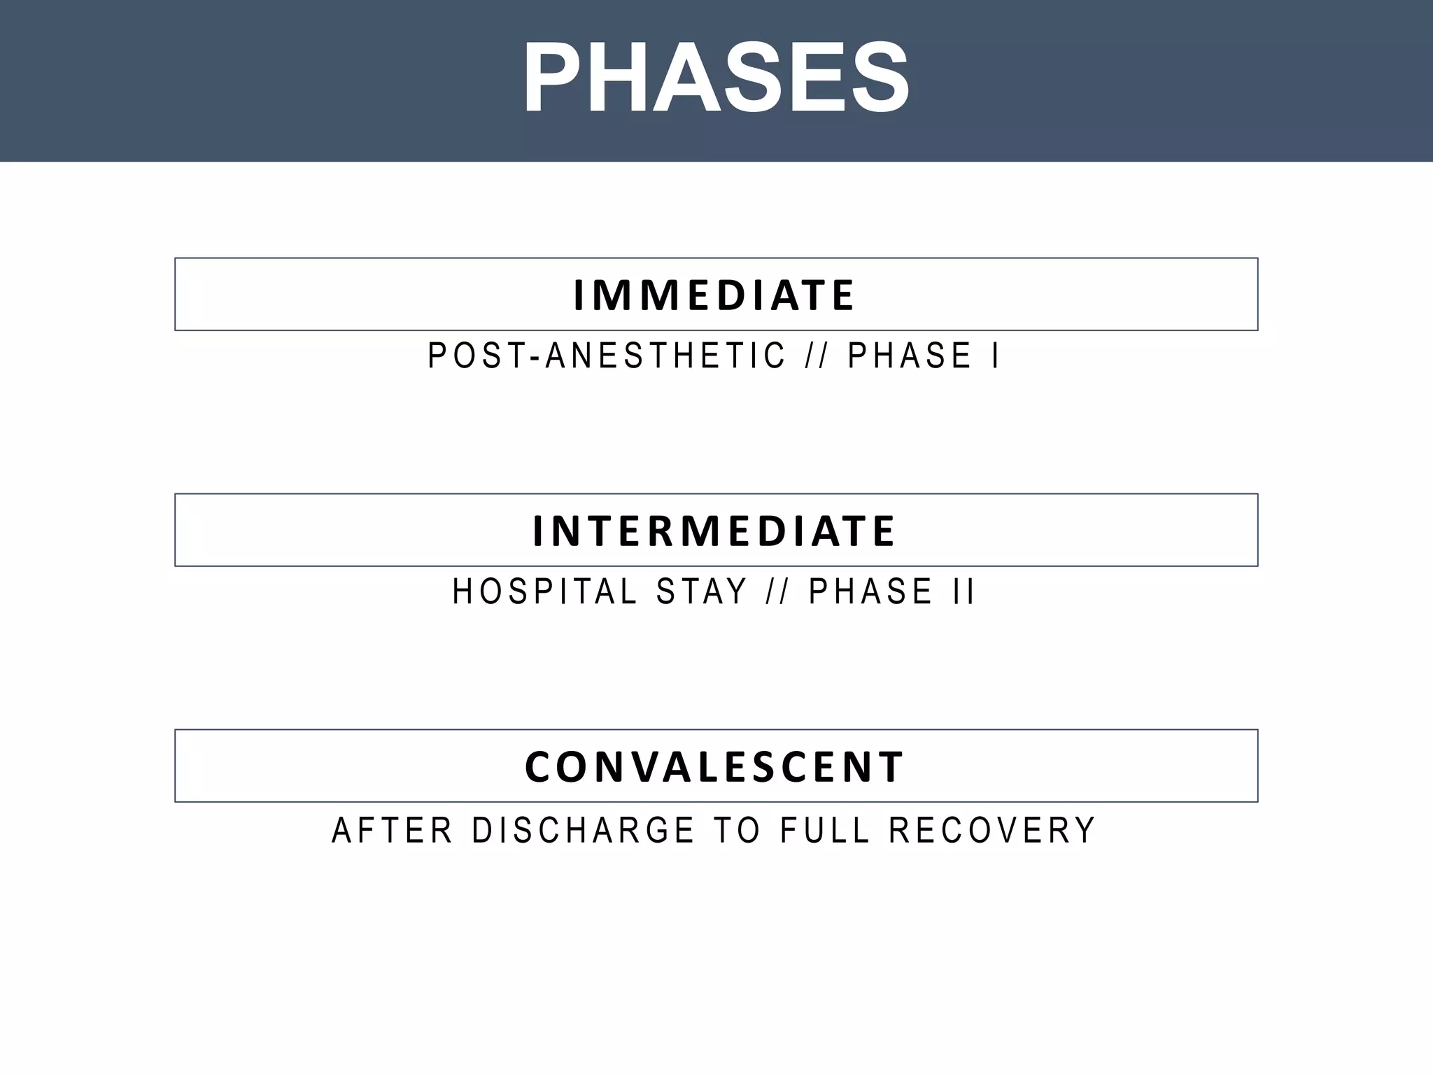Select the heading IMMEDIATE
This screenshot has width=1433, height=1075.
(x=714, y=295)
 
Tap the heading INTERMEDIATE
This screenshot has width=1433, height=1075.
(x=714, y=531)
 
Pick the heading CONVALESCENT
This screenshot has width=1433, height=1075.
(x=714, y=766)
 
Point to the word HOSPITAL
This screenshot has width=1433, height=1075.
(x=544, y=591)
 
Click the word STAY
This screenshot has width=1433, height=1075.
(x=702, y=591)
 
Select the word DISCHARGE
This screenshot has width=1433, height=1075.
(x=583, y=831)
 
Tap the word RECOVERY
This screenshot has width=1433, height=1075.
(x=991, y=831)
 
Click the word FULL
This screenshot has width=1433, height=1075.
(x=825, y=831)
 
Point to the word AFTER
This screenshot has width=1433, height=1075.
(x=392, y=831)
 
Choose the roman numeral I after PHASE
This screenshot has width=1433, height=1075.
(x=995, y=356)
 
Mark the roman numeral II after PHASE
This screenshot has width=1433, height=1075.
(x=963, y=591)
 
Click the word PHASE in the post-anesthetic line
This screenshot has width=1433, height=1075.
(x=910, y=356)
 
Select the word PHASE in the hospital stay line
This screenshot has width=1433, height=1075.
(x=870, y=591)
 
